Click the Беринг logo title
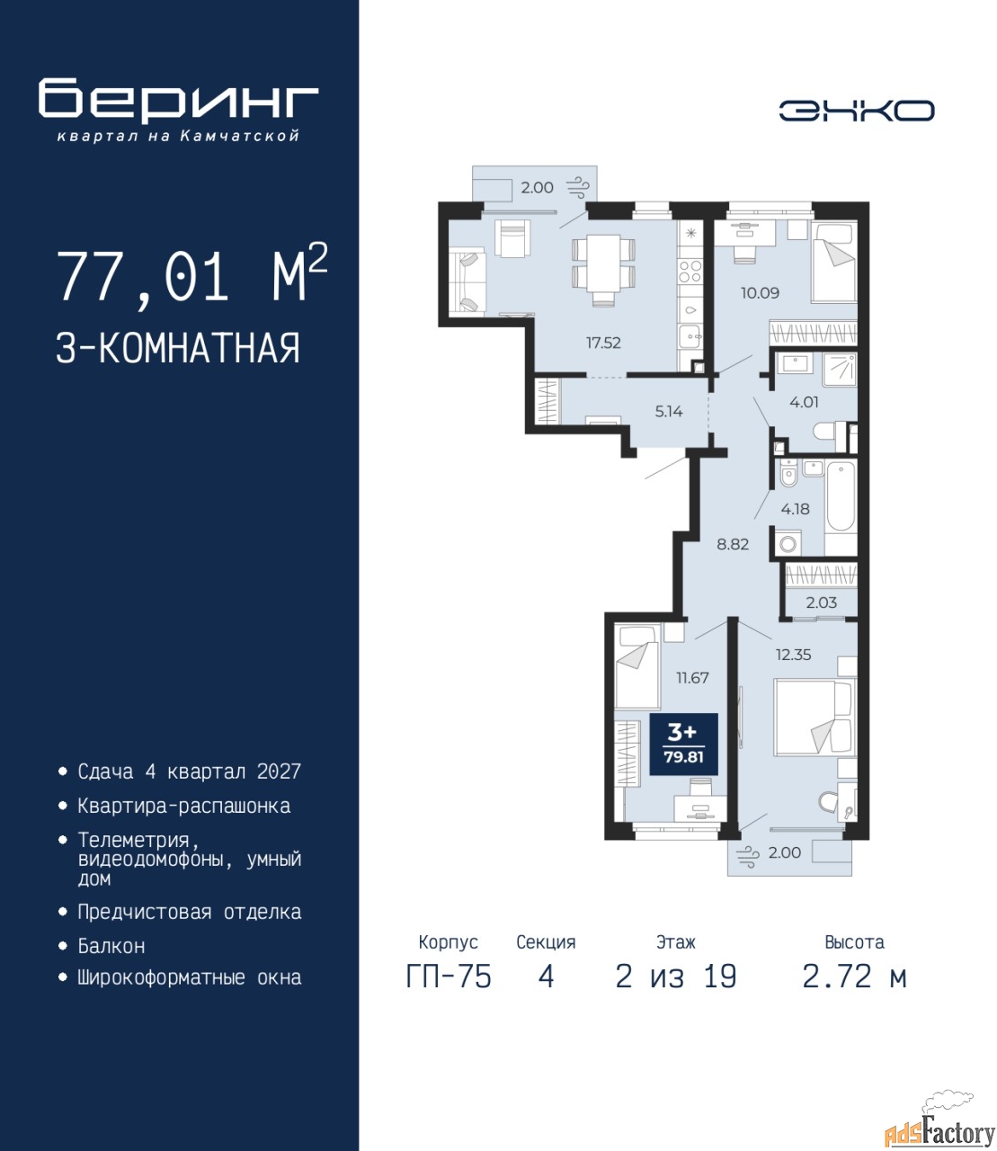(178, 100)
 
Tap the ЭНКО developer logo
(856, 111)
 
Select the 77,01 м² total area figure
(192, 275)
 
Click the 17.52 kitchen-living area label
(603, 343)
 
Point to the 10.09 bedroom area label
(760, 293)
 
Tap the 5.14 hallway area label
(669, 412)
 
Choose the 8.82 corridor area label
(733, 544)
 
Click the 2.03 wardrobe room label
(821, 602)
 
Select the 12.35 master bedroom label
(793, 655)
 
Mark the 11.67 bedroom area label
(692, 678)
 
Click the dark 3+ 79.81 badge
(683, 744)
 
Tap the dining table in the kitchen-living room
(604, 263)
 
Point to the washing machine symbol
(788, 543)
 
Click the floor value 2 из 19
(676, 977)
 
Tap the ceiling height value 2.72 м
(854, 977)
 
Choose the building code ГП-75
(449, 977)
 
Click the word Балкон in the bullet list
(111, 946)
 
